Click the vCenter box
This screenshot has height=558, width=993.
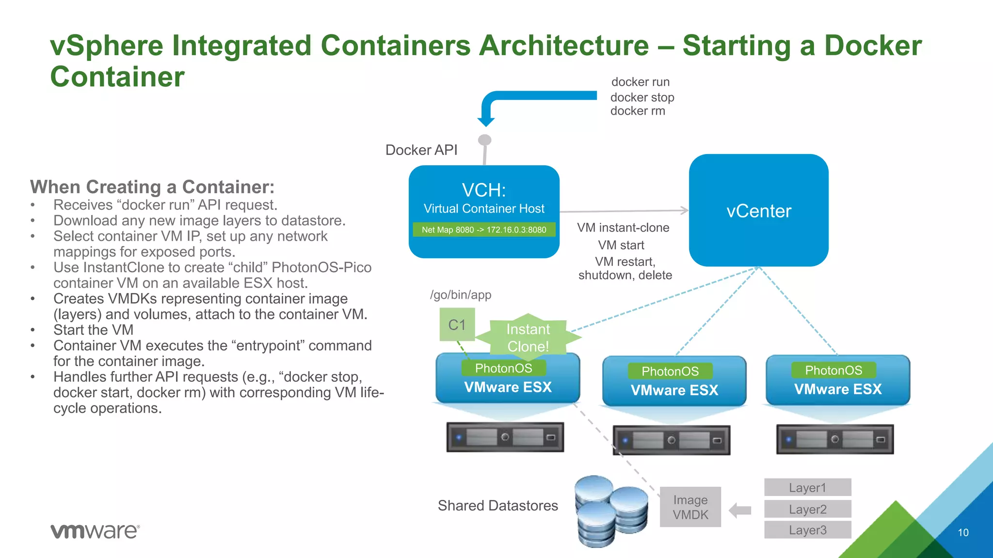[x=758, y=210]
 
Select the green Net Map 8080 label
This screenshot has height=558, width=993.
[x=484, y=230]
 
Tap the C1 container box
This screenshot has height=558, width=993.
[x=457, y=325]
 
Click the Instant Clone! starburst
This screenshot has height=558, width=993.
[x=528, y=338]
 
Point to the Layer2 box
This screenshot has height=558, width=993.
[x=807, y=509]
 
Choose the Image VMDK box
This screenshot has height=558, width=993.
[x=690, y=507]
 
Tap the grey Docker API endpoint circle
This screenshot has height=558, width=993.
[x=485, y=140]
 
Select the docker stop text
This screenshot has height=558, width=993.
[x=642, y=97]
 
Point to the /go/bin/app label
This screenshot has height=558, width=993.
[x=461, y=294]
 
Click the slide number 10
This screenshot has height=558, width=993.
[x=963, y=532]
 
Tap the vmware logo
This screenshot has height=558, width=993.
[x=95, y=531]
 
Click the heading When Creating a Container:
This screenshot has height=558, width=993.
[x=152, y=187]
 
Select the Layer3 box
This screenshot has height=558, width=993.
[x=807, y=530]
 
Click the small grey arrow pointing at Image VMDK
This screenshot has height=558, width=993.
[x=740, y=510]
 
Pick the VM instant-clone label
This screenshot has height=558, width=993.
[x=623, y=228]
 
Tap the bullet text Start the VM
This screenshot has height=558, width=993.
[x=93, y=330]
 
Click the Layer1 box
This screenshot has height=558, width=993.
[x=807, y=487]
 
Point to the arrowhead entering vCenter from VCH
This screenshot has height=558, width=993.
[x=684, y=210]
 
